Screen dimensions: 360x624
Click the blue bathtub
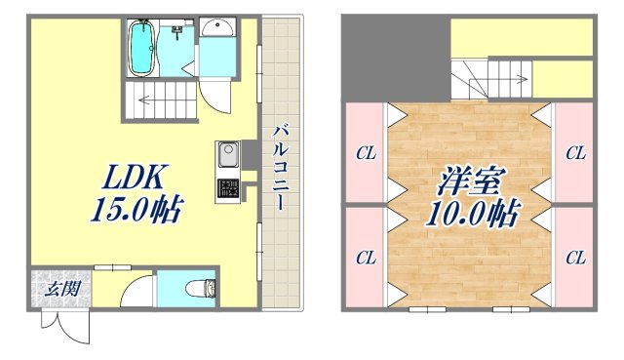tap(143, 47)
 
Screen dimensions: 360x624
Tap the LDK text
tap(136, 178)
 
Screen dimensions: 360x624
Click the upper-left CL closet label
tap(366, 152)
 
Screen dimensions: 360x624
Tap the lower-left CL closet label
tap(366, 258)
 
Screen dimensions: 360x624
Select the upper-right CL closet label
tap(575, 152)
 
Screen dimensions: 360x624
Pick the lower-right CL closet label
tap(575, 258)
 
